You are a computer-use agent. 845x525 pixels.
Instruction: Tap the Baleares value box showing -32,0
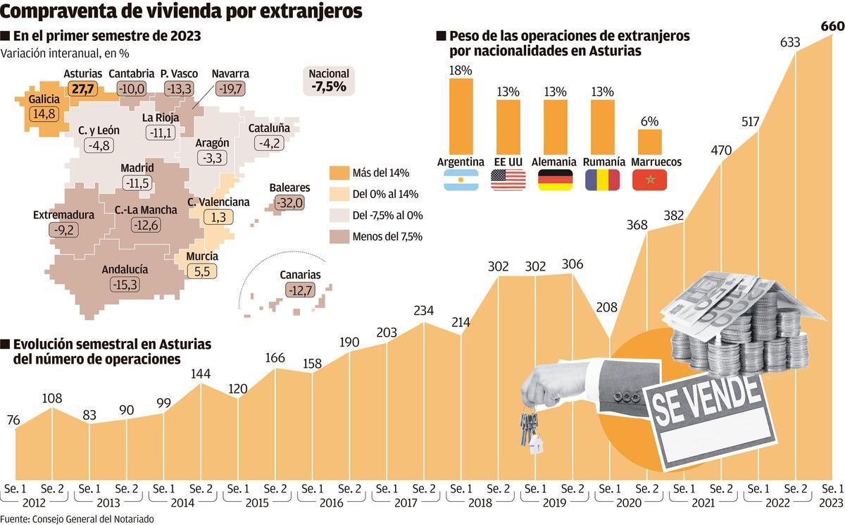(x=289, y=203)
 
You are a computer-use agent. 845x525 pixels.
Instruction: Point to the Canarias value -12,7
(x=301, y=290)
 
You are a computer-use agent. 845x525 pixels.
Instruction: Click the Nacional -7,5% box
(x=329, y=82)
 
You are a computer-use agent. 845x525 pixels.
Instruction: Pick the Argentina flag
(x=461, y=180)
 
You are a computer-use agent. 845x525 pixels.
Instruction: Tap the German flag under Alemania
(x=555, y=180)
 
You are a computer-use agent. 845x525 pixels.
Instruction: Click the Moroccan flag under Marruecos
(x=650, y=180)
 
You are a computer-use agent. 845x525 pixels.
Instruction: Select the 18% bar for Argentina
(x=461, y=116)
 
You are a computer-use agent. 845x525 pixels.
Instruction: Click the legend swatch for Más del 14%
(x=340, y=173)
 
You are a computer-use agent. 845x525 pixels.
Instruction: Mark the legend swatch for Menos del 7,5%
(x=340, y=237)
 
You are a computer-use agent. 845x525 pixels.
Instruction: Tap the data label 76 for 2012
(x=13, y=421)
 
